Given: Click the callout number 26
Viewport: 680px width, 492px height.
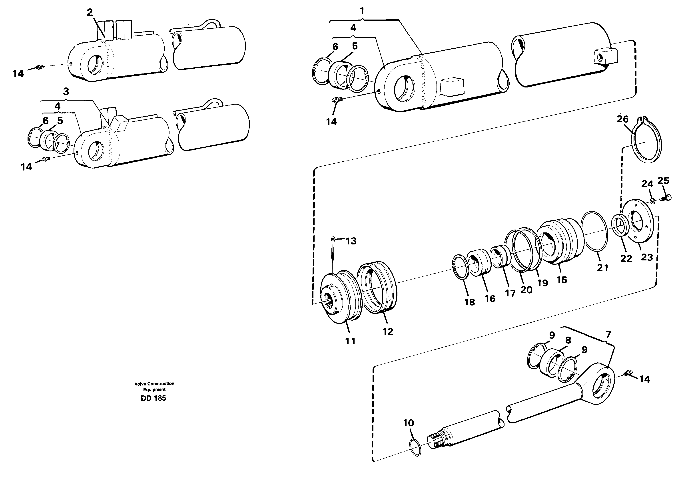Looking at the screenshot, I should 622,119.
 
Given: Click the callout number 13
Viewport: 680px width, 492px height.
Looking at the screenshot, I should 351,241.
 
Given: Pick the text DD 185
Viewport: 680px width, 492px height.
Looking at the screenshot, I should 153,398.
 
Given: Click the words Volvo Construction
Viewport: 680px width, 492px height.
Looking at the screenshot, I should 154,383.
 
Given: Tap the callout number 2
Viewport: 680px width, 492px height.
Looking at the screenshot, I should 90,13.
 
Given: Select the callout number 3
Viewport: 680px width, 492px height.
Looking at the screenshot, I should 66,91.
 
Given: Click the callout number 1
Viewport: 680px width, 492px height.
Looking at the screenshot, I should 362,11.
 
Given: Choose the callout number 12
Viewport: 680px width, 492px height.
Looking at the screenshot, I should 388,331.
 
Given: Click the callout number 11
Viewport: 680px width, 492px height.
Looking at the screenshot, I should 350,341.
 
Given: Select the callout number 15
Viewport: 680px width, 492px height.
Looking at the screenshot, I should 562,280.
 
